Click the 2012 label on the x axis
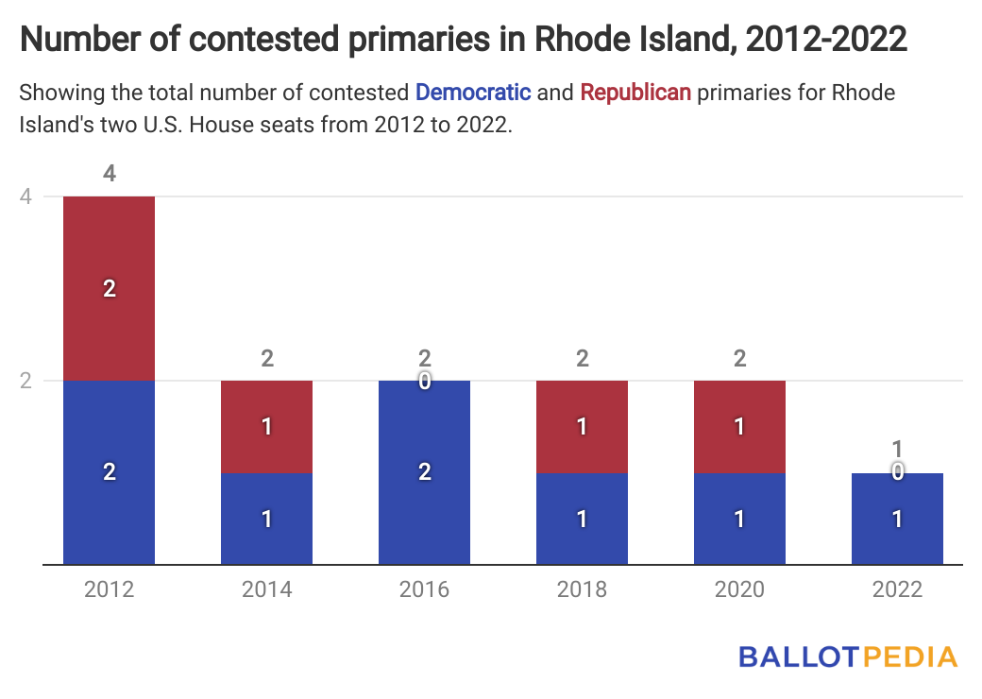click(109, 589)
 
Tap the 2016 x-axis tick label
click(424, 589)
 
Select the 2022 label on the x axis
click(897, 589)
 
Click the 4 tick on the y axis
click(25, 196)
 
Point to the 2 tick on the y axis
click(25, 381)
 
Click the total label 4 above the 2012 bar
click(109, 174)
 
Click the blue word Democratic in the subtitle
click(473, 93)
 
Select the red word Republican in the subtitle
click(635, 93)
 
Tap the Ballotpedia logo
click(847, 656)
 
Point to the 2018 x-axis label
click(582, 589)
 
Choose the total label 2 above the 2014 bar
click(266, 358)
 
